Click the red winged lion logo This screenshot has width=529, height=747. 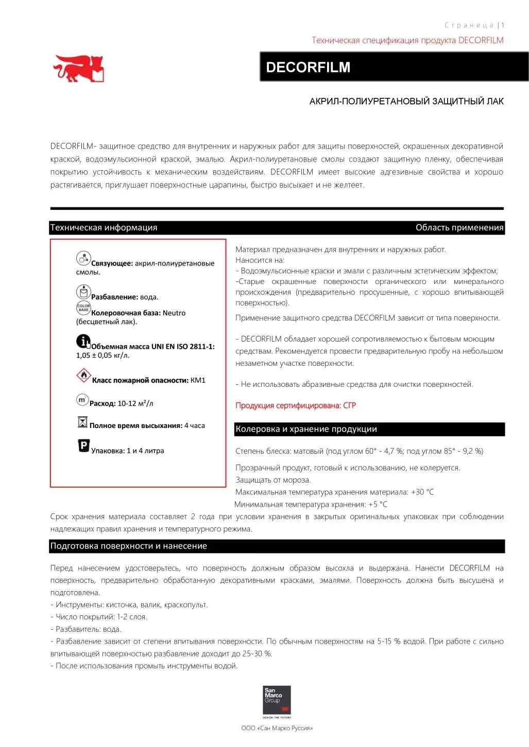[x=79, y=68]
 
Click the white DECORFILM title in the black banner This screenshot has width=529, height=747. [x=308, y=67]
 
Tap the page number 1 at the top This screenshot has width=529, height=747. [x=503, y=25]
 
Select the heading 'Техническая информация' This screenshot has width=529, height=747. [x=104, y=228]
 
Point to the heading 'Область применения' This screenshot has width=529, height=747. [x=459, y=228]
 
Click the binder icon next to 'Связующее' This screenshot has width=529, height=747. [x=83, y=258]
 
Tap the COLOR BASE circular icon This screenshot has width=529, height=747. [x=83, y=308]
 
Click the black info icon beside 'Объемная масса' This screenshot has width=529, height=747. [x=83, y=341]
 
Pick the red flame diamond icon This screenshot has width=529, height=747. [x=83, y=376]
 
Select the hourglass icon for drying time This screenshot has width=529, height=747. [x=82, y=422]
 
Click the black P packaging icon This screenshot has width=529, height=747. [x=83, y=446]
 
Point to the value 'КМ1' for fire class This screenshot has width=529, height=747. [x=198, y=380]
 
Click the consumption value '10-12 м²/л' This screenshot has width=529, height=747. [x=135, y=403]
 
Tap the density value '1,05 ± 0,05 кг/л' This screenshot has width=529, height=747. [x=103, y=355]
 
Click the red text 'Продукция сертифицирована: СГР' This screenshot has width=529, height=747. [x=296, y=405]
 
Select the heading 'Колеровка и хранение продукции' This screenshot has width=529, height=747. [x=306, y=429]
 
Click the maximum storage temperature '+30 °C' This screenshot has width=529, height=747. [x=422, y=492]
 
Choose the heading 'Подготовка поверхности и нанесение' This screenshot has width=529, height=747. [x=129, y=546]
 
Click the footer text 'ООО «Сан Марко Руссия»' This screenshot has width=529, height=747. [x=277, y=728]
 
